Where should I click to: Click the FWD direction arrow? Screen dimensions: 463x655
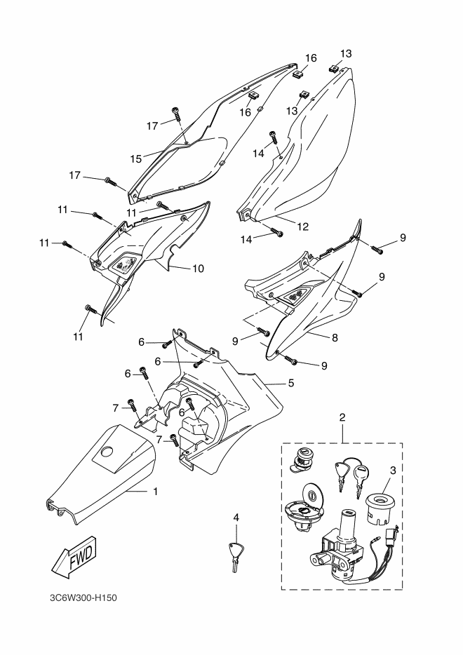tap(74, 558)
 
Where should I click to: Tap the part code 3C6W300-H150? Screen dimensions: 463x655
tap(83, 597)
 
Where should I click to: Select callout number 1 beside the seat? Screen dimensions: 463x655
tap(156, 492)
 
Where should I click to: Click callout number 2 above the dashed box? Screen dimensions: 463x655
tap(342, 417)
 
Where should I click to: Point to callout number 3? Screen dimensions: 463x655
tap(392, 471)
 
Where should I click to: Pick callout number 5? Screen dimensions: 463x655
tap(291, 383)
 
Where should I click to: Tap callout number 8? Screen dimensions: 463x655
tap(335, 338)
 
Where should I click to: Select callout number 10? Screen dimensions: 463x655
tap(198, 268)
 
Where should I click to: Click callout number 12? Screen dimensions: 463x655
tap(302, 227)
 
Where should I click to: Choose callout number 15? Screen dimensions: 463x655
tap(136, 158)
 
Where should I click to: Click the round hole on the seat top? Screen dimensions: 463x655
tap(107, 452)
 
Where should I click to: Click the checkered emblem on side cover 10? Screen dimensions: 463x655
tap(123, 264)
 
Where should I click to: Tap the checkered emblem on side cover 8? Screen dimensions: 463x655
tap(297, 296)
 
